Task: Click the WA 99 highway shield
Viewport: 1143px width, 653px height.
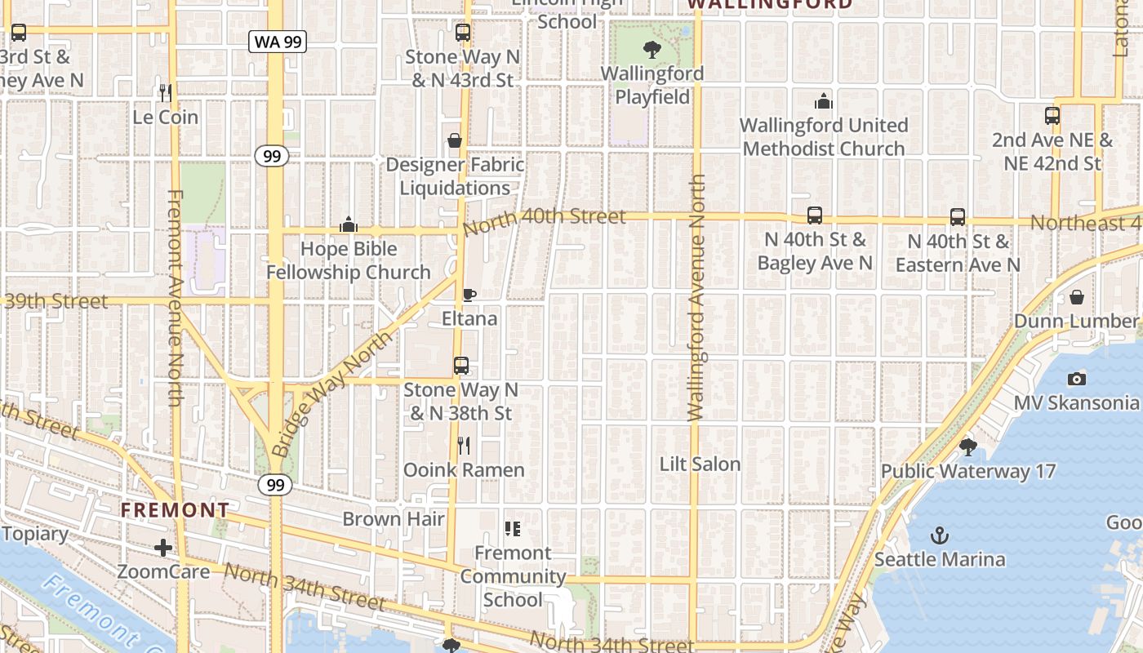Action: (278, 42)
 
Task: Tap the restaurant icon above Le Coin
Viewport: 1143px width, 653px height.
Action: (166, 92)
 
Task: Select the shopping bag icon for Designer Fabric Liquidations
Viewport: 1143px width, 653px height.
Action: (455, 140)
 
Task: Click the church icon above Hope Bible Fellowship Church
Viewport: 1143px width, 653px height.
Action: (349, 224)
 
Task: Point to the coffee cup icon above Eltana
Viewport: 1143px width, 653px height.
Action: (469, 294)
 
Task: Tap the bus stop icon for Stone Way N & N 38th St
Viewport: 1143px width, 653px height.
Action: (461, 366)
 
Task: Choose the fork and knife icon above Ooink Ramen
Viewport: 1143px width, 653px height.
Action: (464, 446)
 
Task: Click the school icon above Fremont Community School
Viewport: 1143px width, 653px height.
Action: (513, 529)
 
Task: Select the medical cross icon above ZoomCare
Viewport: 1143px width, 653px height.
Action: (163, 548)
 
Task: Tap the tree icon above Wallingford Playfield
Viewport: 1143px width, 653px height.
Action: (652, 50)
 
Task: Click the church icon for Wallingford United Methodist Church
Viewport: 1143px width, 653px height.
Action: (824, 101)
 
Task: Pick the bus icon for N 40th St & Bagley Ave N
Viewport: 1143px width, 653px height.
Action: (814, 215)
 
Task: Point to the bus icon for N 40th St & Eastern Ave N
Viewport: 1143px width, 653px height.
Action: (958, 217)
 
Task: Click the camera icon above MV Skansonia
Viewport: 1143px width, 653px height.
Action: (1077, 379)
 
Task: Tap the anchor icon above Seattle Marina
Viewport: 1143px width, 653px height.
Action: (941, 535)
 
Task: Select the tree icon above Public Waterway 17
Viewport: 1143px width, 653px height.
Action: (968, 446)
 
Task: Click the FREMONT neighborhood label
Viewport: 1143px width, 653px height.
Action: (176, 511)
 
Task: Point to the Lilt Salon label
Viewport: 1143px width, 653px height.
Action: (700, 464)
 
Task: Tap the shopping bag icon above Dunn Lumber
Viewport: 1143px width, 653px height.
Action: (1077, 296)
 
